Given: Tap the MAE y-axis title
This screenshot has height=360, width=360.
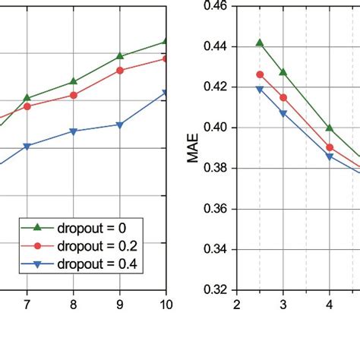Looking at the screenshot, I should point(195,148).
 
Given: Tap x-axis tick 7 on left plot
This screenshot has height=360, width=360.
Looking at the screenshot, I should point(27,305).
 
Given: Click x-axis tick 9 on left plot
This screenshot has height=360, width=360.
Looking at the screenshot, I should point(120,305).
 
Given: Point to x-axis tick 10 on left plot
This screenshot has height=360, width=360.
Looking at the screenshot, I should point(166,305).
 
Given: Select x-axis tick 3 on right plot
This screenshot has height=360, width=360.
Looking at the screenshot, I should point(283,305).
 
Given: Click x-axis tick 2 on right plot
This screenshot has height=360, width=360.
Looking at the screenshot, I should point(237,305).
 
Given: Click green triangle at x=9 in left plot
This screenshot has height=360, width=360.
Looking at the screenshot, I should point(120,56).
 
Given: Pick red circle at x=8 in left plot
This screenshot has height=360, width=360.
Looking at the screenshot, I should point(74,95).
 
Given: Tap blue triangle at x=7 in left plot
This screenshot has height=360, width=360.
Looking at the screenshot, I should point(27,146).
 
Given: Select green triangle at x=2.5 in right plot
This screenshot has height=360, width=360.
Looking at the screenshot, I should point(260,43).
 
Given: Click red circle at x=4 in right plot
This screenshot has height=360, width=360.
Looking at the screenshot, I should point(330,147).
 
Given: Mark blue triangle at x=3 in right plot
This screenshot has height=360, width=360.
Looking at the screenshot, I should point(283,113).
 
